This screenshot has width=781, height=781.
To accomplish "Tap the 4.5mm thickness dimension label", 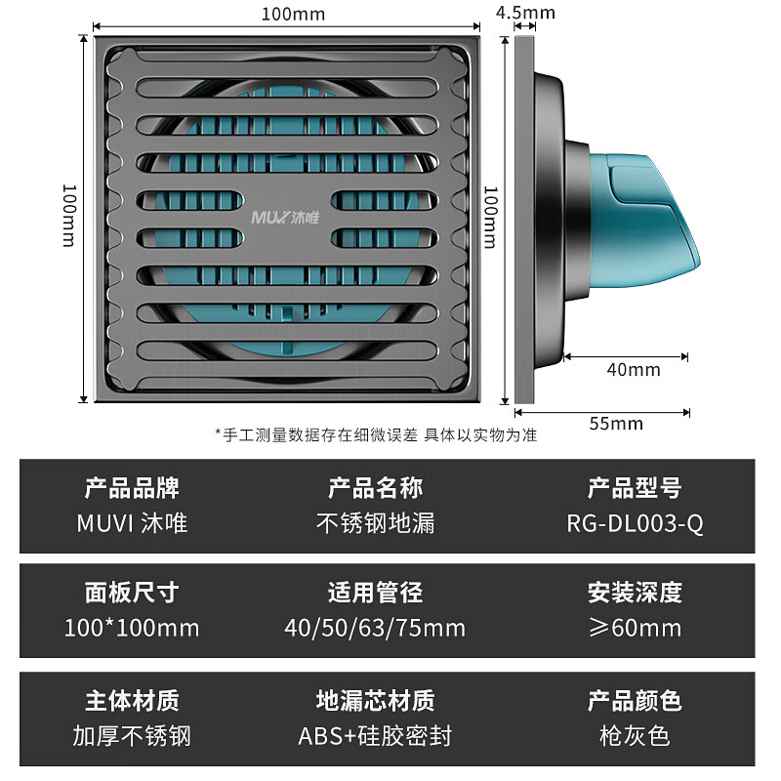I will (525, 13).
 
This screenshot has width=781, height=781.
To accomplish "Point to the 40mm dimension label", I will (634, 370).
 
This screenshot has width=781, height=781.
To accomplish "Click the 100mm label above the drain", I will (293, 14).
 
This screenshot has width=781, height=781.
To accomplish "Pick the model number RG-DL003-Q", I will (635, 523).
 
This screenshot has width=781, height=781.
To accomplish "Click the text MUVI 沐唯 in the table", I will (132, 523).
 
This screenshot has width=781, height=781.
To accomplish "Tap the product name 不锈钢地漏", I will (376, 523).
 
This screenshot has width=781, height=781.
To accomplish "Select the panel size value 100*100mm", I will (132, 627).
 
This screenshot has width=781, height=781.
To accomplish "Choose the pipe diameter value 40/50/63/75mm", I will (375, 627).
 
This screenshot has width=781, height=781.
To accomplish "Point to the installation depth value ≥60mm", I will (635, 627).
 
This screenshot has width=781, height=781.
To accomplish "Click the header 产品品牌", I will (132, 487).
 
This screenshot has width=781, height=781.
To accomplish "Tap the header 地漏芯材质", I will (376, 700).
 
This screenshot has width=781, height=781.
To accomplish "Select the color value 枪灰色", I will (635, 734).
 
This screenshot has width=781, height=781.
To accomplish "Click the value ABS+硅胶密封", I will (375, 734).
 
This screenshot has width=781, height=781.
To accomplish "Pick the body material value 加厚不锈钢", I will (132, 734).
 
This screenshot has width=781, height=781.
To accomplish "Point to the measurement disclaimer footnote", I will (376, 434).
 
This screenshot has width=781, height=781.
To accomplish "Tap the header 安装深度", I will (635, 592).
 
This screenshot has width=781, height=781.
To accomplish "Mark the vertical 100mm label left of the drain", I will (68, 216).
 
